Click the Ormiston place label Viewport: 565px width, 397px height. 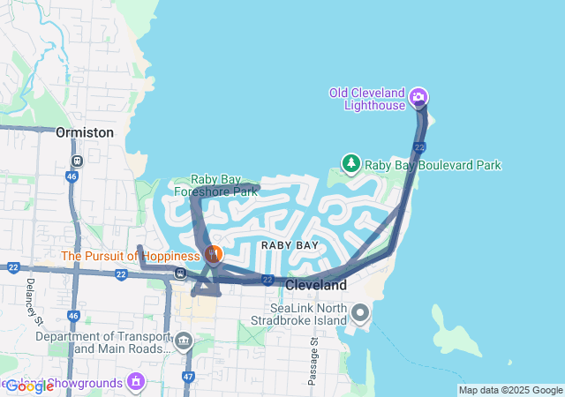[85, 132]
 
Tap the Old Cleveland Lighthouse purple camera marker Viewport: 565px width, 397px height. [420, 96]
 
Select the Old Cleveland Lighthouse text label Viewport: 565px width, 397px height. [367, 99]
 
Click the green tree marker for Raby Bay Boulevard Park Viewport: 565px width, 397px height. [351, 164]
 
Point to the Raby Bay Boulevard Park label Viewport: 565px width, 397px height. [433, 165]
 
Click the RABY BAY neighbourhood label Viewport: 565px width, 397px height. [290, 244]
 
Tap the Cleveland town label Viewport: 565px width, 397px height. [316, 286]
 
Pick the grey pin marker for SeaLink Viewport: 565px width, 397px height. [360, 312]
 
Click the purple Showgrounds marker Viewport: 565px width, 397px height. [135, 381]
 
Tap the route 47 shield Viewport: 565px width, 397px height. [188, 376]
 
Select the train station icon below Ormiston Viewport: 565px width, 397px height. [78, 161]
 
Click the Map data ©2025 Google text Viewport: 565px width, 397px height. [510, 390]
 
